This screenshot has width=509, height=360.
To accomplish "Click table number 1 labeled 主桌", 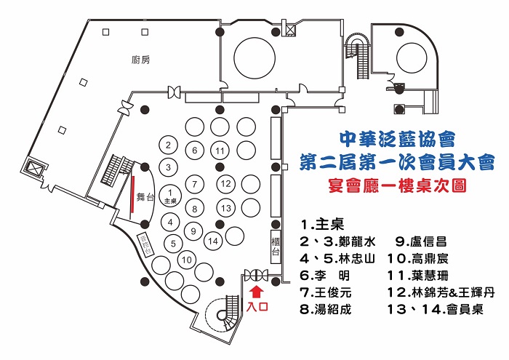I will [x=171, y=195].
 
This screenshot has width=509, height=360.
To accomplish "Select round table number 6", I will [x=195, y=151].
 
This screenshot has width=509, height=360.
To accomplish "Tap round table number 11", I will [x=220, y=151].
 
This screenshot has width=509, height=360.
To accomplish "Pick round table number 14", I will [x=214, y=240].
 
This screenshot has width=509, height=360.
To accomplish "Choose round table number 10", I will [x=187, y=259].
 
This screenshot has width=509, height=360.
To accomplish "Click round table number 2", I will [x=169, y=145].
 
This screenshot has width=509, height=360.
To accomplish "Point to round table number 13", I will [x=227, y=209].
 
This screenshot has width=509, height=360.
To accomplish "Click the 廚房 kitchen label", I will [x=141, y=60].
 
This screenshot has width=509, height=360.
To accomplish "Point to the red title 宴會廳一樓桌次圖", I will [x=396, y=185].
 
